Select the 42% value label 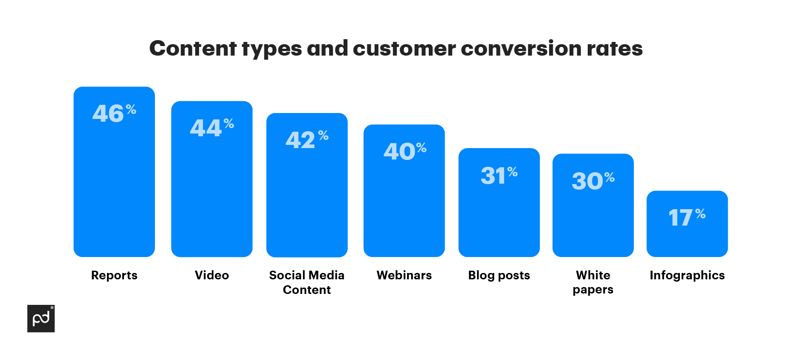tap(307, 139)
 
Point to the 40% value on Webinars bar tap(405, 151)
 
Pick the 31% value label tap(499, 175)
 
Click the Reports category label tap(114, 275)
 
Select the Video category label tap(212, 275)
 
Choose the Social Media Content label tap(307, 282)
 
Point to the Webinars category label tap(404, 275)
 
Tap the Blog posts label tap(499, 275)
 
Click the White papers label tap(593, 282)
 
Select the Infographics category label tap(687, 275)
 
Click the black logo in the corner tap(41, 319)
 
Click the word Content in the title tap(193, 48)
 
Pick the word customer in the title tap(404, 48)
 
